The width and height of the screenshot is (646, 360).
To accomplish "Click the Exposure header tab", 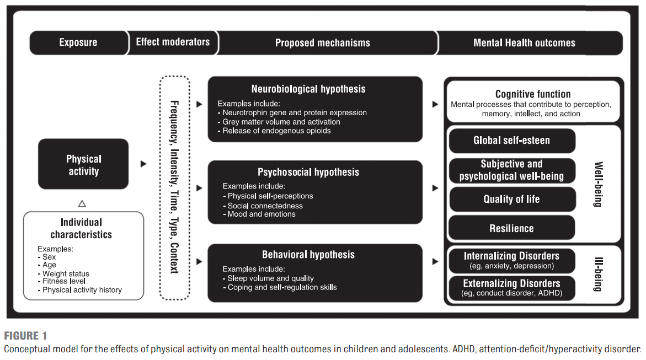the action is click(x=78, y=42).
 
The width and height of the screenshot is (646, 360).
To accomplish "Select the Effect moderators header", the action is click(x=173, y=42).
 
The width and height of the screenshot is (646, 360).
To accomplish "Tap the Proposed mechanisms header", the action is click(x=323, y=43).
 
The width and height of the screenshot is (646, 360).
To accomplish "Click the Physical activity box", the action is click(x=83, y=164).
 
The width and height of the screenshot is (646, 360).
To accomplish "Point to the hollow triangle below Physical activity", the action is click(x=82, y=203).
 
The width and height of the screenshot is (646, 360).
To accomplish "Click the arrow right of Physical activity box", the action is click(x=143, y=164).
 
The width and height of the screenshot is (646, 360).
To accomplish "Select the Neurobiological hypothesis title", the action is click(x=308, y=89).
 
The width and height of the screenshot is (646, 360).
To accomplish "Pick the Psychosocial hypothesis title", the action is click(x=308, y=172).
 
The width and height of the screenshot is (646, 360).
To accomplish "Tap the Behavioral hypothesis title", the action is click(x=308, y=255).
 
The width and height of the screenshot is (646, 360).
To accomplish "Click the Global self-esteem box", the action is click(x=512, y=141).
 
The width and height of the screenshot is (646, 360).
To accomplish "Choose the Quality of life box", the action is click(x=512, y=200).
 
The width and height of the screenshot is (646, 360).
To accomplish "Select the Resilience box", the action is click(x=512, y=228).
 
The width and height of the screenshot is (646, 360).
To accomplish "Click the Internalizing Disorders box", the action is click(x=512, y=261).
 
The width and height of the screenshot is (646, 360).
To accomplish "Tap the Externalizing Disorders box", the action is click(x=512, y=288).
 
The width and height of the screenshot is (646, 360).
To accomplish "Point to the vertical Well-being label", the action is click(x=598, y=184).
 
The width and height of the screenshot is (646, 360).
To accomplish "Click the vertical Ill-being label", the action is click(x=598, y=275).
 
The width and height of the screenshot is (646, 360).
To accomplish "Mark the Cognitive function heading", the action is click(x=533, y=94).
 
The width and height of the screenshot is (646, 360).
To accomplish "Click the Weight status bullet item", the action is click(x=63, y=273).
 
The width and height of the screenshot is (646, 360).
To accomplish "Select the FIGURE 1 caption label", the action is click(x=25, y=336).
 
